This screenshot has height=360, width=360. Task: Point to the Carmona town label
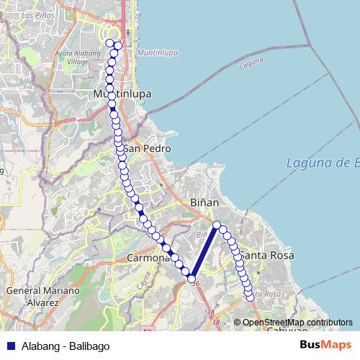point(147,257)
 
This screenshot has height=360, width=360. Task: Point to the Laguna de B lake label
point(322,163)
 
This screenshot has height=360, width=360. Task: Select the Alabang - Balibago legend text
point(66,346)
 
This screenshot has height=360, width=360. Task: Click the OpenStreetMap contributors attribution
point(297,323)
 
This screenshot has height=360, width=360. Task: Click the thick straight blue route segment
point(204,251)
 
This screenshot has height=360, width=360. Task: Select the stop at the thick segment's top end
point(216,225)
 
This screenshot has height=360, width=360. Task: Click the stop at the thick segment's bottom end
point(192,278)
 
